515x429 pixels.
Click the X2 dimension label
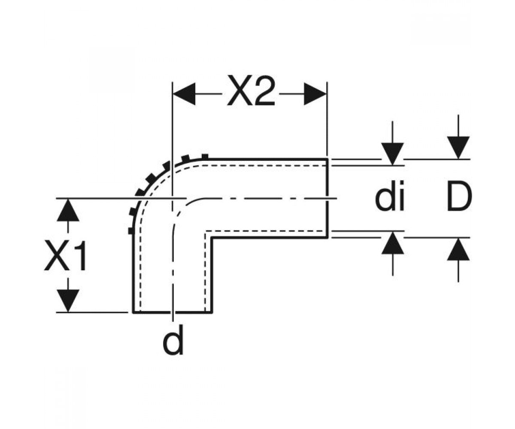[251, 90]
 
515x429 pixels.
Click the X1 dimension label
[66, 255]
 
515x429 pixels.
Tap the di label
[389, 196]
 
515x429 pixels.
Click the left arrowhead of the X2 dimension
[184, 94]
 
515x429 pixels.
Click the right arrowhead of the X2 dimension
[315, 94]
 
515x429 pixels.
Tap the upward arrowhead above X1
[68, 210]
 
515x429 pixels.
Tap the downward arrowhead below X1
[68, 301]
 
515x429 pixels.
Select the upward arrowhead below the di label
[392, 243]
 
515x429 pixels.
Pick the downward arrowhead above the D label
[458, 148]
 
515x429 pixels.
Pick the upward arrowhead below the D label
[458, 249]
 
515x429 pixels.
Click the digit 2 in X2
[264, 90]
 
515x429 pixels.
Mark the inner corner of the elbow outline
[212, 238]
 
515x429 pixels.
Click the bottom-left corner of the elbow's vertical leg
[133, 312]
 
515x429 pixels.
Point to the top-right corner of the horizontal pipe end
[327, 160]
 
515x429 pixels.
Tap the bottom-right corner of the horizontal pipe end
[327, 238]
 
